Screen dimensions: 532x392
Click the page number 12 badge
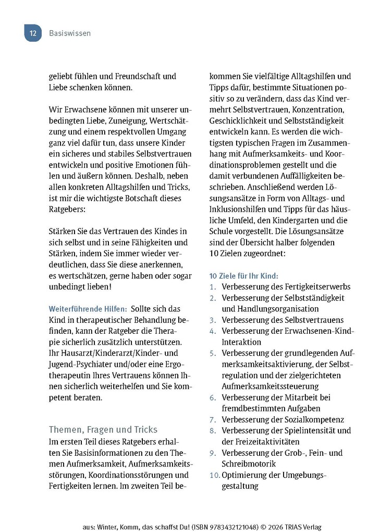(32, 33)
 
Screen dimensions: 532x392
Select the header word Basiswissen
(70, 33)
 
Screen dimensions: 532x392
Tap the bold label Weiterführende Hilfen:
(84, 308)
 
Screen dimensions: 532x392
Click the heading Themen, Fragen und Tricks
(103, 429)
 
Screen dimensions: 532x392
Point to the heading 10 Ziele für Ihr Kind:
(243, 275)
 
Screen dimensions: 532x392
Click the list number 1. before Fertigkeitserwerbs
(213, 286)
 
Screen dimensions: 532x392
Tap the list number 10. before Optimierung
(215, 475)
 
